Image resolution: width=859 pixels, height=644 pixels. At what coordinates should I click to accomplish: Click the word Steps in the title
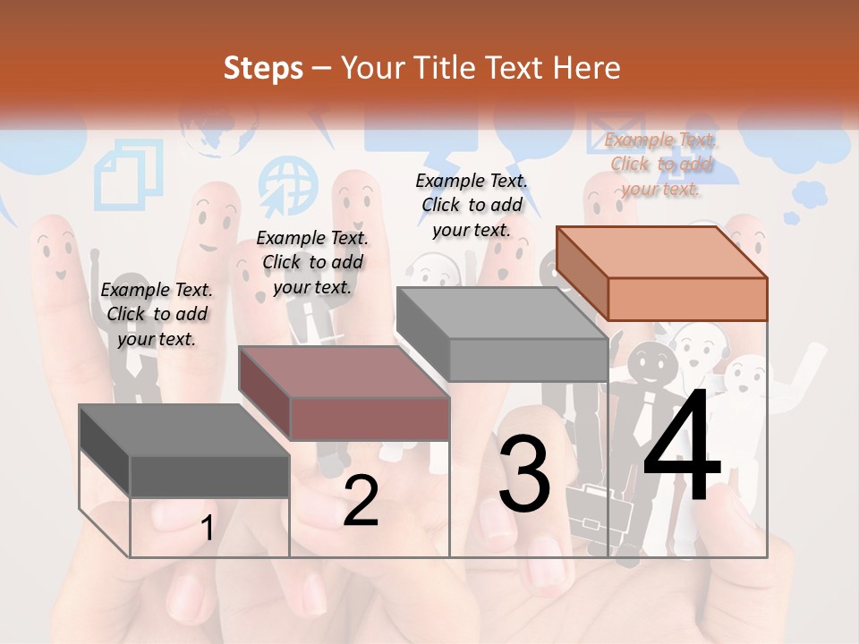263,68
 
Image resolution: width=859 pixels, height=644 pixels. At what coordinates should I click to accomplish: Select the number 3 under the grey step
524,474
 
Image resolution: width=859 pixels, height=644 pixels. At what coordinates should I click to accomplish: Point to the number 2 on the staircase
361,501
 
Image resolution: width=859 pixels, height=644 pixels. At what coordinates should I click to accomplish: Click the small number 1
207,529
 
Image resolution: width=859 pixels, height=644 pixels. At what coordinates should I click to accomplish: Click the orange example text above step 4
661,164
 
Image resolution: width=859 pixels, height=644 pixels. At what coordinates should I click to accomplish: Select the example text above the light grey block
472,205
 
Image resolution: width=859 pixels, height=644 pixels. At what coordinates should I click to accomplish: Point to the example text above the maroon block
312,262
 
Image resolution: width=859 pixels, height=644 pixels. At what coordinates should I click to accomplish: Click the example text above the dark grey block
157,314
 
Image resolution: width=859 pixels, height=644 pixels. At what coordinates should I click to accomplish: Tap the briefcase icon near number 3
593,510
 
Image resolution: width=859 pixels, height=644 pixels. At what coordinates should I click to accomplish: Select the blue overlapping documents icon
129,174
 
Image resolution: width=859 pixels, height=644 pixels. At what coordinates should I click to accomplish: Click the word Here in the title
588,68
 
